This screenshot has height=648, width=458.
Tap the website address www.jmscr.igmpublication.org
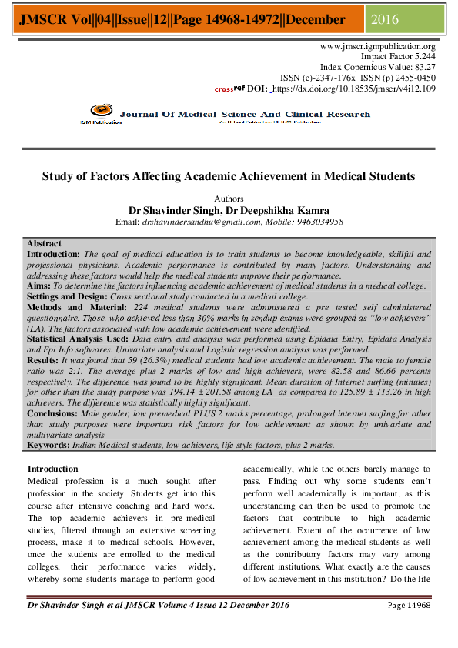[x=378, y=46]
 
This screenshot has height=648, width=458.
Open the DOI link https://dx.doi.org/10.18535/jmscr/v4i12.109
[x=356, y=89]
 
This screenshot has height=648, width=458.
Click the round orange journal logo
[x=98, y=111]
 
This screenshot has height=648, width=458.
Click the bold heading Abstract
[x=45, y=244]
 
